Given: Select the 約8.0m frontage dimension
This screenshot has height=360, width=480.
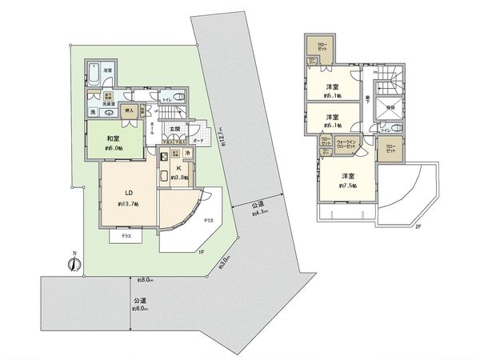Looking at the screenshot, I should coord(145,281).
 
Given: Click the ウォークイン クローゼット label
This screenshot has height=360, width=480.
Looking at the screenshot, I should coord(346,145).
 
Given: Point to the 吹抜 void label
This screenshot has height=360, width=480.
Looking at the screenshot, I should coord(390,106).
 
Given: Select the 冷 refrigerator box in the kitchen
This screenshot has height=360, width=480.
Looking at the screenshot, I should coord(188,153).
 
